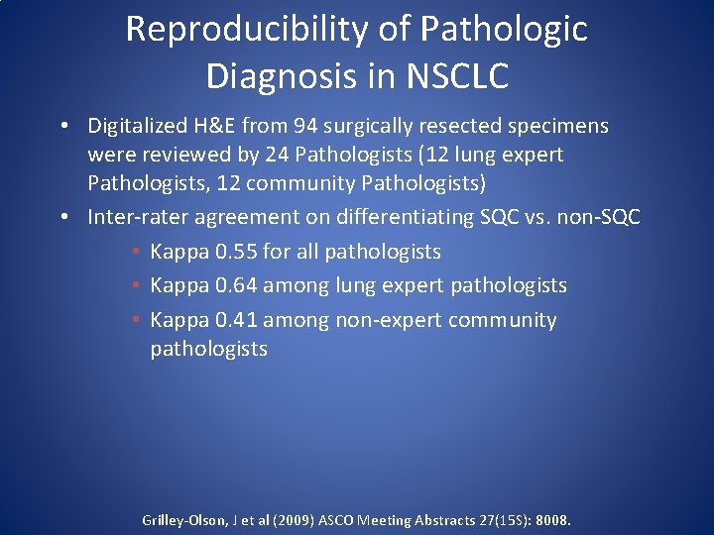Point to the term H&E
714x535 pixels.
[x=213, y=126]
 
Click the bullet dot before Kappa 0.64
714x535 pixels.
[x=135, y=286]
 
